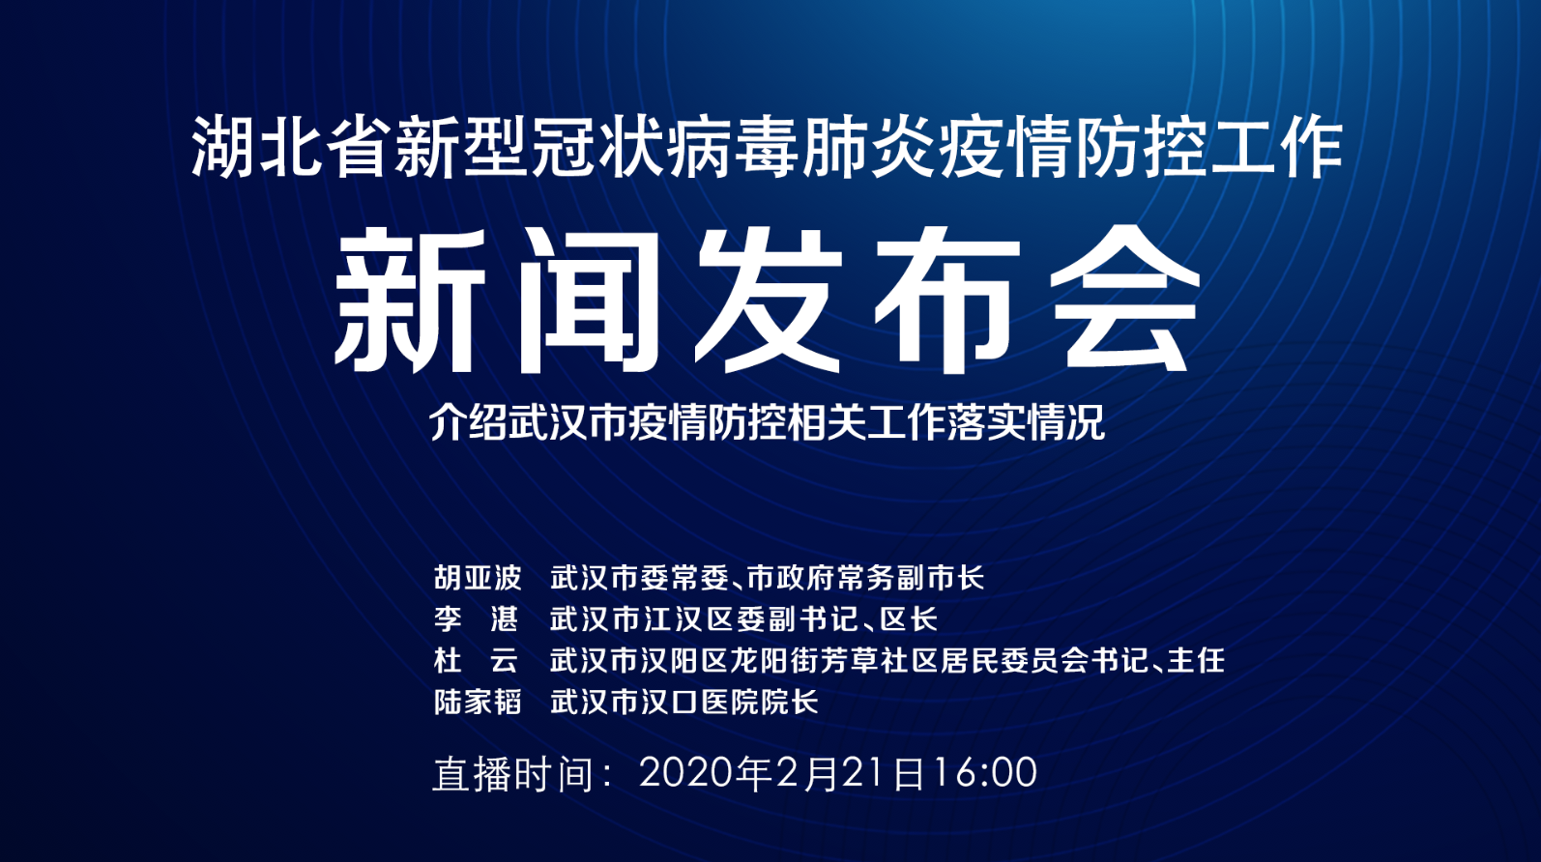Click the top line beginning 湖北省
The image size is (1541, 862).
tap(767, 148)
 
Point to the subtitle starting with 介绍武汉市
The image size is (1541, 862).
tap(767, 421)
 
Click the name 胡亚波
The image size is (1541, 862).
tap(478, 578)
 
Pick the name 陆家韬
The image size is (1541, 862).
tap(478, 702)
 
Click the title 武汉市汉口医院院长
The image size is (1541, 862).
tap(684, 702)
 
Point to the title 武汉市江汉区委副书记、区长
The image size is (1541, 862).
tap(743, 618)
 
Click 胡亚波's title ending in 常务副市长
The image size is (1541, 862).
tap(767, 578)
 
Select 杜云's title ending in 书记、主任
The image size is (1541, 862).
tap(887, 661)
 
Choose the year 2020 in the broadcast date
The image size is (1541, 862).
tap(685, 773)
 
